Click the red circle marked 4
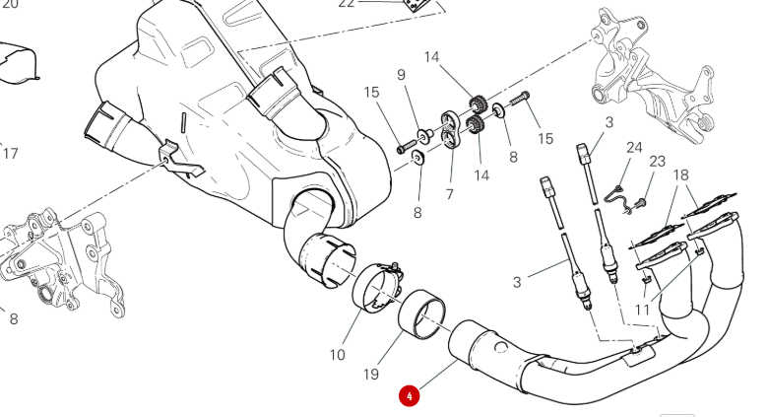click(x=409, y=396)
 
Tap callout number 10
click(x=337, y=354)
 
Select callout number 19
click(x=370, y=375)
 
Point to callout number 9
click(x=401, y=75)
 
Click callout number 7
click(x=449, y=194)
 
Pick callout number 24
click(x=634, y=148)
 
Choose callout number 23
click(x=658, y=161)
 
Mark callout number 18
click(x=680, y=174)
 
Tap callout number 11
click(x=641, y=310)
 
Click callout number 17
click(x=11, y=154)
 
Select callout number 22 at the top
click(x=346, y=4)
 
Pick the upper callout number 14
click(x=432, y=57)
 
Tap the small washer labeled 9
click(x=426, y=131)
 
